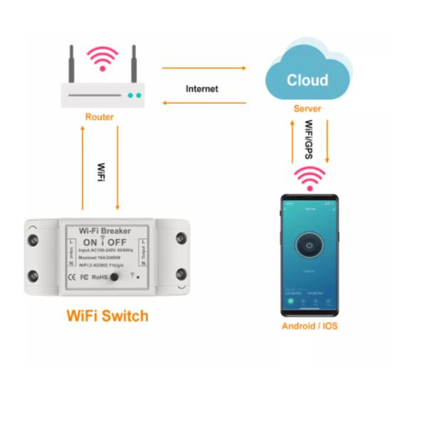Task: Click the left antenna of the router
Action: pos(71,65)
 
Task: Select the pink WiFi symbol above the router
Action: pos(102,58)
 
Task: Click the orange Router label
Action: pos(99,117)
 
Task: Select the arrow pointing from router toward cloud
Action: pos(204,68)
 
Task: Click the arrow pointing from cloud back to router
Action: pos(204,103)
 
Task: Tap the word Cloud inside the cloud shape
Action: pos(307,80)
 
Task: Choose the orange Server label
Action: pos(307,109)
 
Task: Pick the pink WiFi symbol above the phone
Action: pos(310,179)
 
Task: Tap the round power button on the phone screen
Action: pos(309,246)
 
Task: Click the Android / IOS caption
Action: pos(309,326)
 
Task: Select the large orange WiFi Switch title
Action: pos(107,315)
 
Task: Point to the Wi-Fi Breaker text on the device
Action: pos(105,231)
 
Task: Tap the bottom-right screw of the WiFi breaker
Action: pos(181,273)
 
